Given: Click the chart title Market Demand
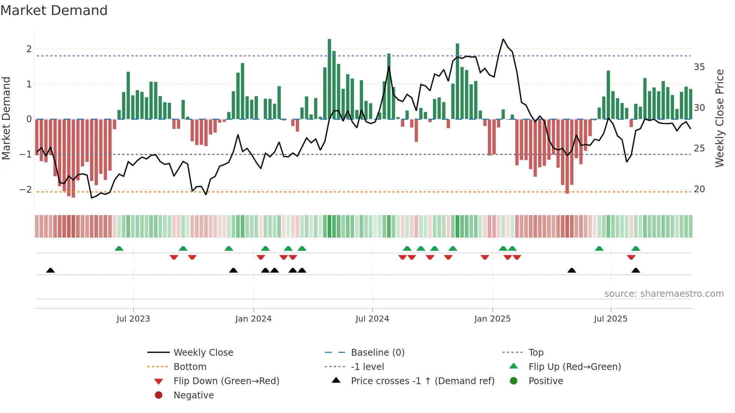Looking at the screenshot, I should click(x=54, y=10).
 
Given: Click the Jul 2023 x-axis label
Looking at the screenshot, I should click(x=133, y=319).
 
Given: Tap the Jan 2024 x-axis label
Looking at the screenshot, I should click(x=253, y=319).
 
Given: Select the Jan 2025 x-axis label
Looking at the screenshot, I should click(x=492, y=319).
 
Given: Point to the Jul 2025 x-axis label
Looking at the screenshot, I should click(x=610, y=319).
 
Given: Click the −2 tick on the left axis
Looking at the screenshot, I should click(x=25, y=189).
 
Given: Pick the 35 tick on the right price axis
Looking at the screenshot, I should click(x=699, y=67).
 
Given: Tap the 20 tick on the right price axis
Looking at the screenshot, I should click(x=699, y=189).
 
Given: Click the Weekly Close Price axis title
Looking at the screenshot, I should click(x=719, y=118).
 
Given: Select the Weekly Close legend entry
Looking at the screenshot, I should click(x=203, y=353).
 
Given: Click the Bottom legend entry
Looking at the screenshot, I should click(x=190, y=367).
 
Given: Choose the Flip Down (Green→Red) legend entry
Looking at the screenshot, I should click(x=226, y=381).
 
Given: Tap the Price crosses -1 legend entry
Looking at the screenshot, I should click(x=422, y=381).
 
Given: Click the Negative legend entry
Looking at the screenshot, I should click(x=193, y=395).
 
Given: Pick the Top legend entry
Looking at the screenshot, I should click(x=536, y=353).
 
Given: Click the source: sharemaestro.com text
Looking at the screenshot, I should click(x=664, y=294).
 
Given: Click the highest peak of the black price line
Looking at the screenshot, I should click(x=503, y=39).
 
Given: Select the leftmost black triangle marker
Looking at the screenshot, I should click(x=50, y=270).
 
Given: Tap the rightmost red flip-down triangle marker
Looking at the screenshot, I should click(x=631, y=257).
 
